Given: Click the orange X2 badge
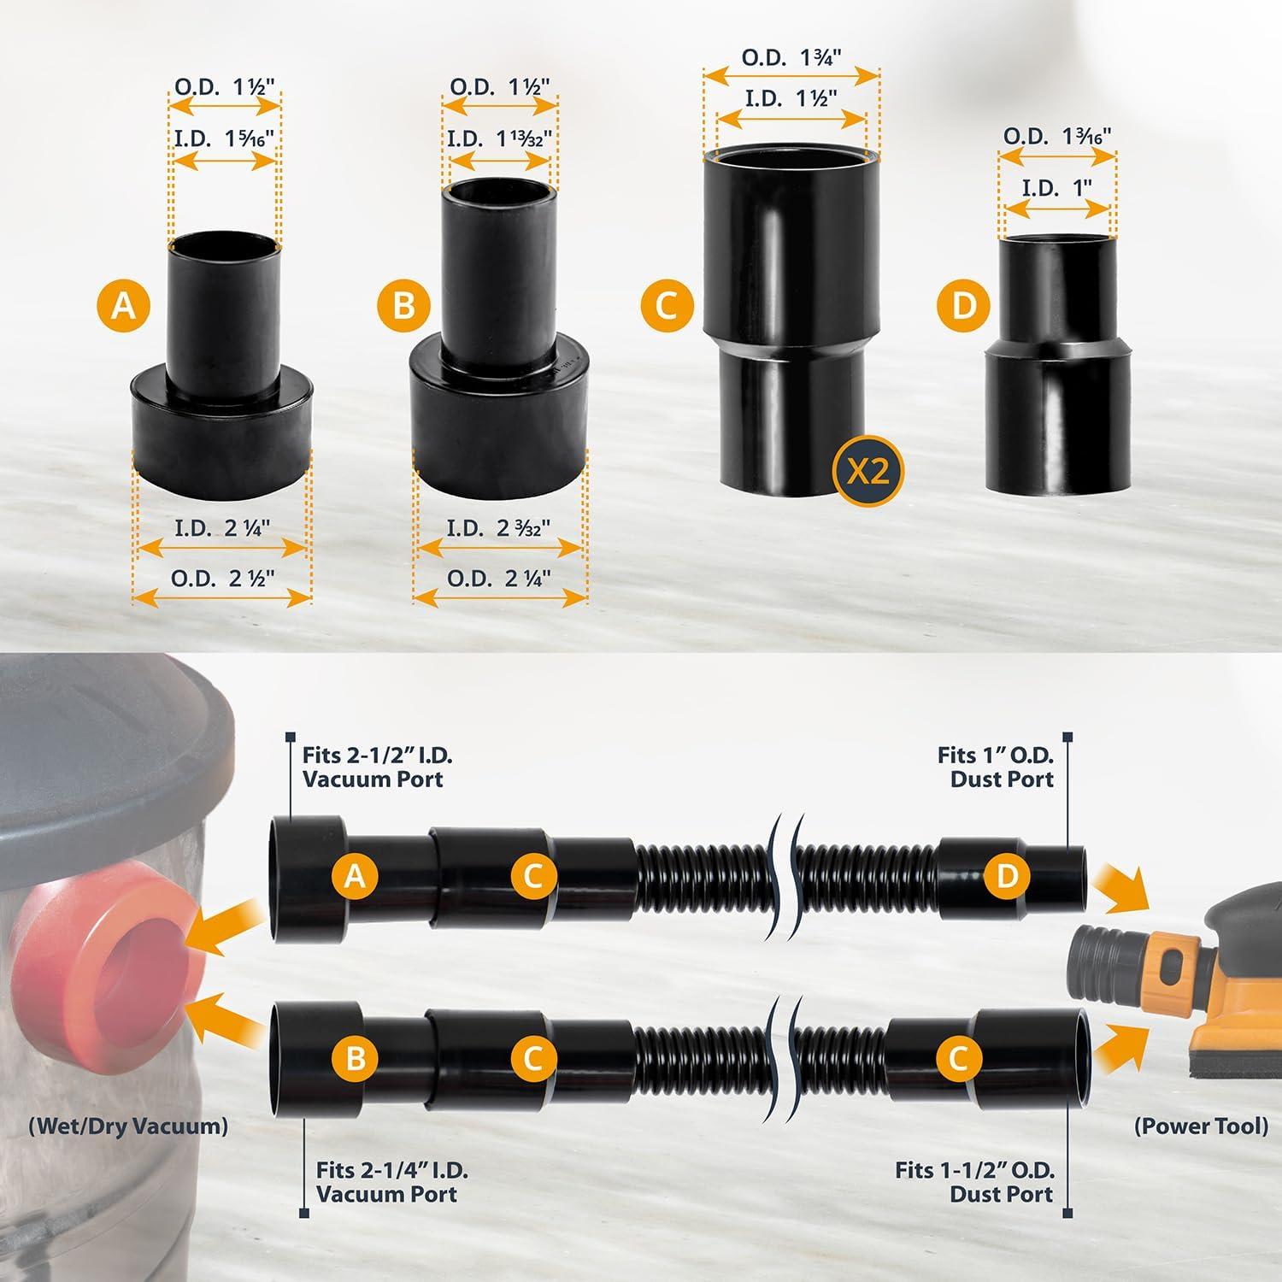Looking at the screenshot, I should [x=867, y=471].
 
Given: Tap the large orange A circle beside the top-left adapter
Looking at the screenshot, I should [x=123, y=305].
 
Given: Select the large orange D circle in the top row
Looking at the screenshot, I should [x=963, y=305].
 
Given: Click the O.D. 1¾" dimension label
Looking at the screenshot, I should [x=791, y=58].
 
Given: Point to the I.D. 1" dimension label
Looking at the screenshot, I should [x=1056, y=187].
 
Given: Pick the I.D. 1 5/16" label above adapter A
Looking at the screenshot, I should [x=224, y=138].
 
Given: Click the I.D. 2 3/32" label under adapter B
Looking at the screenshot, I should [x=499, y=528].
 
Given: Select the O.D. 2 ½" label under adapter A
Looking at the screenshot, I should [x=222, y=578].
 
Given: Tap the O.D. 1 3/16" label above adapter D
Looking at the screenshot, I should [x=1056, y=137].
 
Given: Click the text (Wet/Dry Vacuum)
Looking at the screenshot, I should [x=128, y=1126].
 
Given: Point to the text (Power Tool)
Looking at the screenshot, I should [x=1201, y=1126].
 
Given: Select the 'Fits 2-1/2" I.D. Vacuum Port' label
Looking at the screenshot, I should [x=377, y=767].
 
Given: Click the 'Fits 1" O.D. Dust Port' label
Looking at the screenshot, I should [x=996, y=767].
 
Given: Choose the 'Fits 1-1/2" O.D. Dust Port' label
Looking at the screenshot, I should [x=975, y=1182].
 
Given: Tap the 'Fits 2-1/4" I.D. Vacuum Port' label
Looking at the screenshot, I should [x=391, y=1182].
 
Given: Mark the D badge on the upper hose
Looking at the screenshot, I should [x=1007, y=875].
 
